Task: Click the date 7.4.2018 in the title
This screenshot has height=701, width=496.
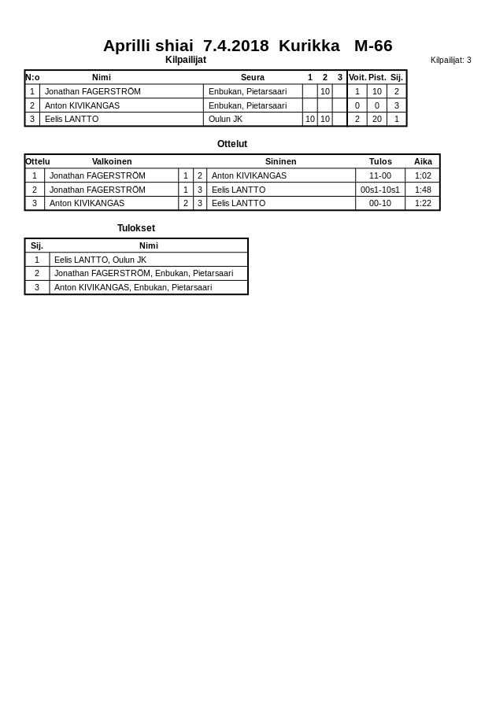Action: click(x=235, y=46)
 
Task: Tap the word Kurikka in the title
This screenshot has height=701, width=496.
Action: click(x=309, y=46)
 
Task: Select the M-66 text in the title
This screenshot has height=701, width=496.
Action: click(x=373, y=46)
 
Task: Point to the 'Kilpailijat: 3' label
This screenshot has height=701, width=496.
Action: click(x=450, y=60)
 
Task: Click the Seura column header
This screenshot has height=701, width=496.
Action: click(x=253, y=77)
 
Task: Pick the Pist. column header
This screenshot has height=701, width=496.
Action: click(x=377, y=77)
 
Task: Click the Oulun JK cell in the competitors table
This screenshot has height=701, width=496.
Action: click(x=225, y=119)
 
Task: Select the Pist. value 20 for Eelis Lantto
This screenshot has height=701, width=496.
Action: click(x=377, y=119)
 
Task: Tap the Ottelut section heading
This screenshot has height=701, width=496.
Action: click(x=232, y=144)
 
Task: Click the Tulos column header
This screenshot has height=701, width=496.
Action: click(x=380, y=161)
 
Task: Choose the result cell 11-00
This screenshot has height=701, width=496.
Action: click(x=380, y=175)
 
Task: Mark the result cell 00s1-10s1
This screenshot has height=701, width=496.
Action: click(x=380, y=190)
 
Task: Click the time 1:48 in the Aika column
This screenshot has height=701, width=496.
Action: click(x=423, y=190)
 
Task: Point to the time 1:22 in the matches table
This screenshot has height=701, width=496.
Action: click(x=423, y=203)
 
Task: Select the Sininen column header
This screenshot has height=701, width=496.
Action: click(x=280, y=161)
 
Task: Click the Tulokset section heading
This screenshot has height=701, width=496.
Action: click(x=136, y=228)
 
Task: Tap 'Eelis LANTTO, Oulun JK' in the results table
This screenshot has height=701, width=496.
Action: click(x=100, y=260)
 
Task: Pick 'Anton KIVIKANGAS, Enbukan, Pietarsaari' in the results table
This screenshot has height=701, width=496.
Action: click(x=133, y=287)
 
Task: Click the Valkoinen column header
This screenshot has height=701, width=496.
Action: click(x=112, y=161)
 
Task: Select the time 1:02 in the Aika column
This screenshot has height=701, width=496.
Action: click(x=423, y=175)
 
